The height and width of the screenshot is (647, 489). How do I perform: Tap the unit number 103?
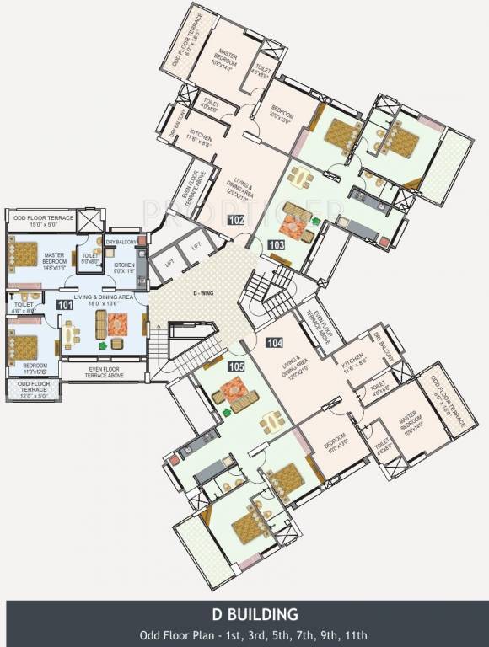click(275, 244)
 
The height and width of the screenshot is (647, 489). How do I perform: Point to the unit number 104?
click(275, 343)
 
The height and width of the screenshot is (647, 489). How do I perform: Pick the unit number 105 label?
click(237, 366)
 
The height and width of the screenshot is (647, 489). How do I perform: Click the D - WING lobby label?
click(202, 292)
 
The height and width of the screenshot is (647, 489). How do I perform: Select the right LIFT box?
click(196, 246)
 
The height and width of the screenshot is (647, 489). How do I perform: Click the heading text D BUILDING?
click(244, 612)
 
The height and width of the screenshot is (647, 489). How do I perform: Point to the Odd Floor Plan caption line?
click(244, 634)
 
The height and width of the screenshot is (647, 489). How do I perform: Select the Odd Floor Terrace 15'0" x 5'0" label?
click(43, 221)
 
